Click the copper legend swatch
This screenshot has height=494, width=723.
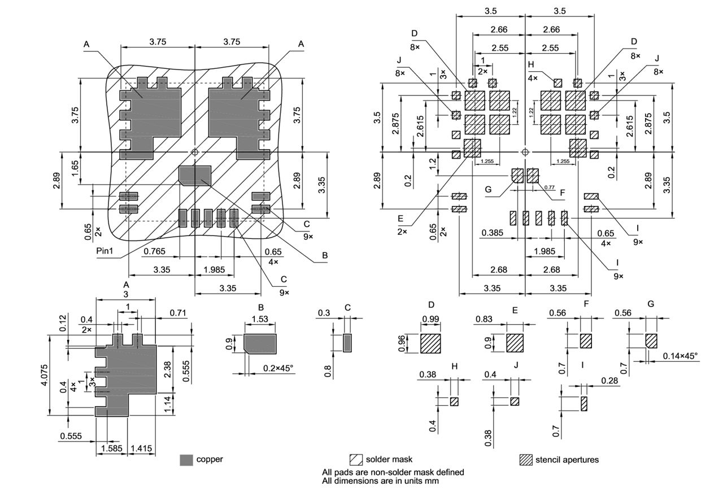tap(186, 460)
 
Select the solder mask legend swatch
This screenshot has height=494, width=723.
tap(356, 460)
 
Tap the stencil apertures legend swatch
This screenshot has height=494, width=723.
tap(526, 460)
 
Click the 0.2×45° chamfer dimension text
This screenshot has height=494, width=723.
tap(278, 368)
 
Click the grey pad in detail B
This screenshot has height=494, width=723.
tap(260, 343)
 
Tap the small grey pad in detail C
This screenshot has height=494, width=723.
tap(347, 343)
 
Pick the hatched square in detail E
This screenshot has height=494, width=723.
tap(515, 343)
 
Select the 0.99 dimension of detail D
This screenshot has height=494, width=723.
tap(430, 320)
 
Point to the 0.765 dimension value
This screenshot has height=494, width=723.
tap(155, 251)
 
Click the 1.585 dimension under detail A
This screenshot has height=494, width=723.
tap(110, 449)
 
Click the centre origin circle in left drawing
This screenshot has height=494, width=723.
tap(195, 152)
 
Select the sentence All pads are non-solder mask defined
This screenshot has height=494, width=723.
tap(393, 472)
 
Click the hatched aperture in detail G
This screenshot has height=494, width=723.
tap(652, 341)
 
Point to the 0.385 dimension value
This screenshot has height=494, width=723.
tap(493, 233)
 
